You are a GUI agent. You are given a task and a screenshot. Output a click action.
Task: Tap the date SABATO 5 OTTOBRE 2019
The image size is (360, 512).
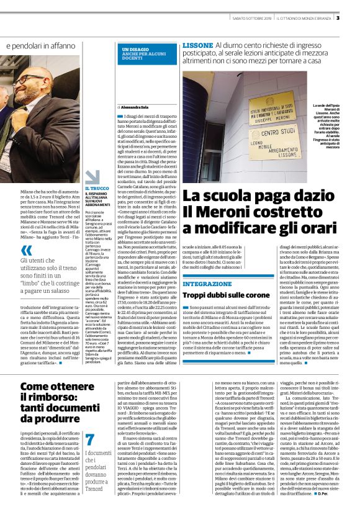(x=251, y=18)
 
